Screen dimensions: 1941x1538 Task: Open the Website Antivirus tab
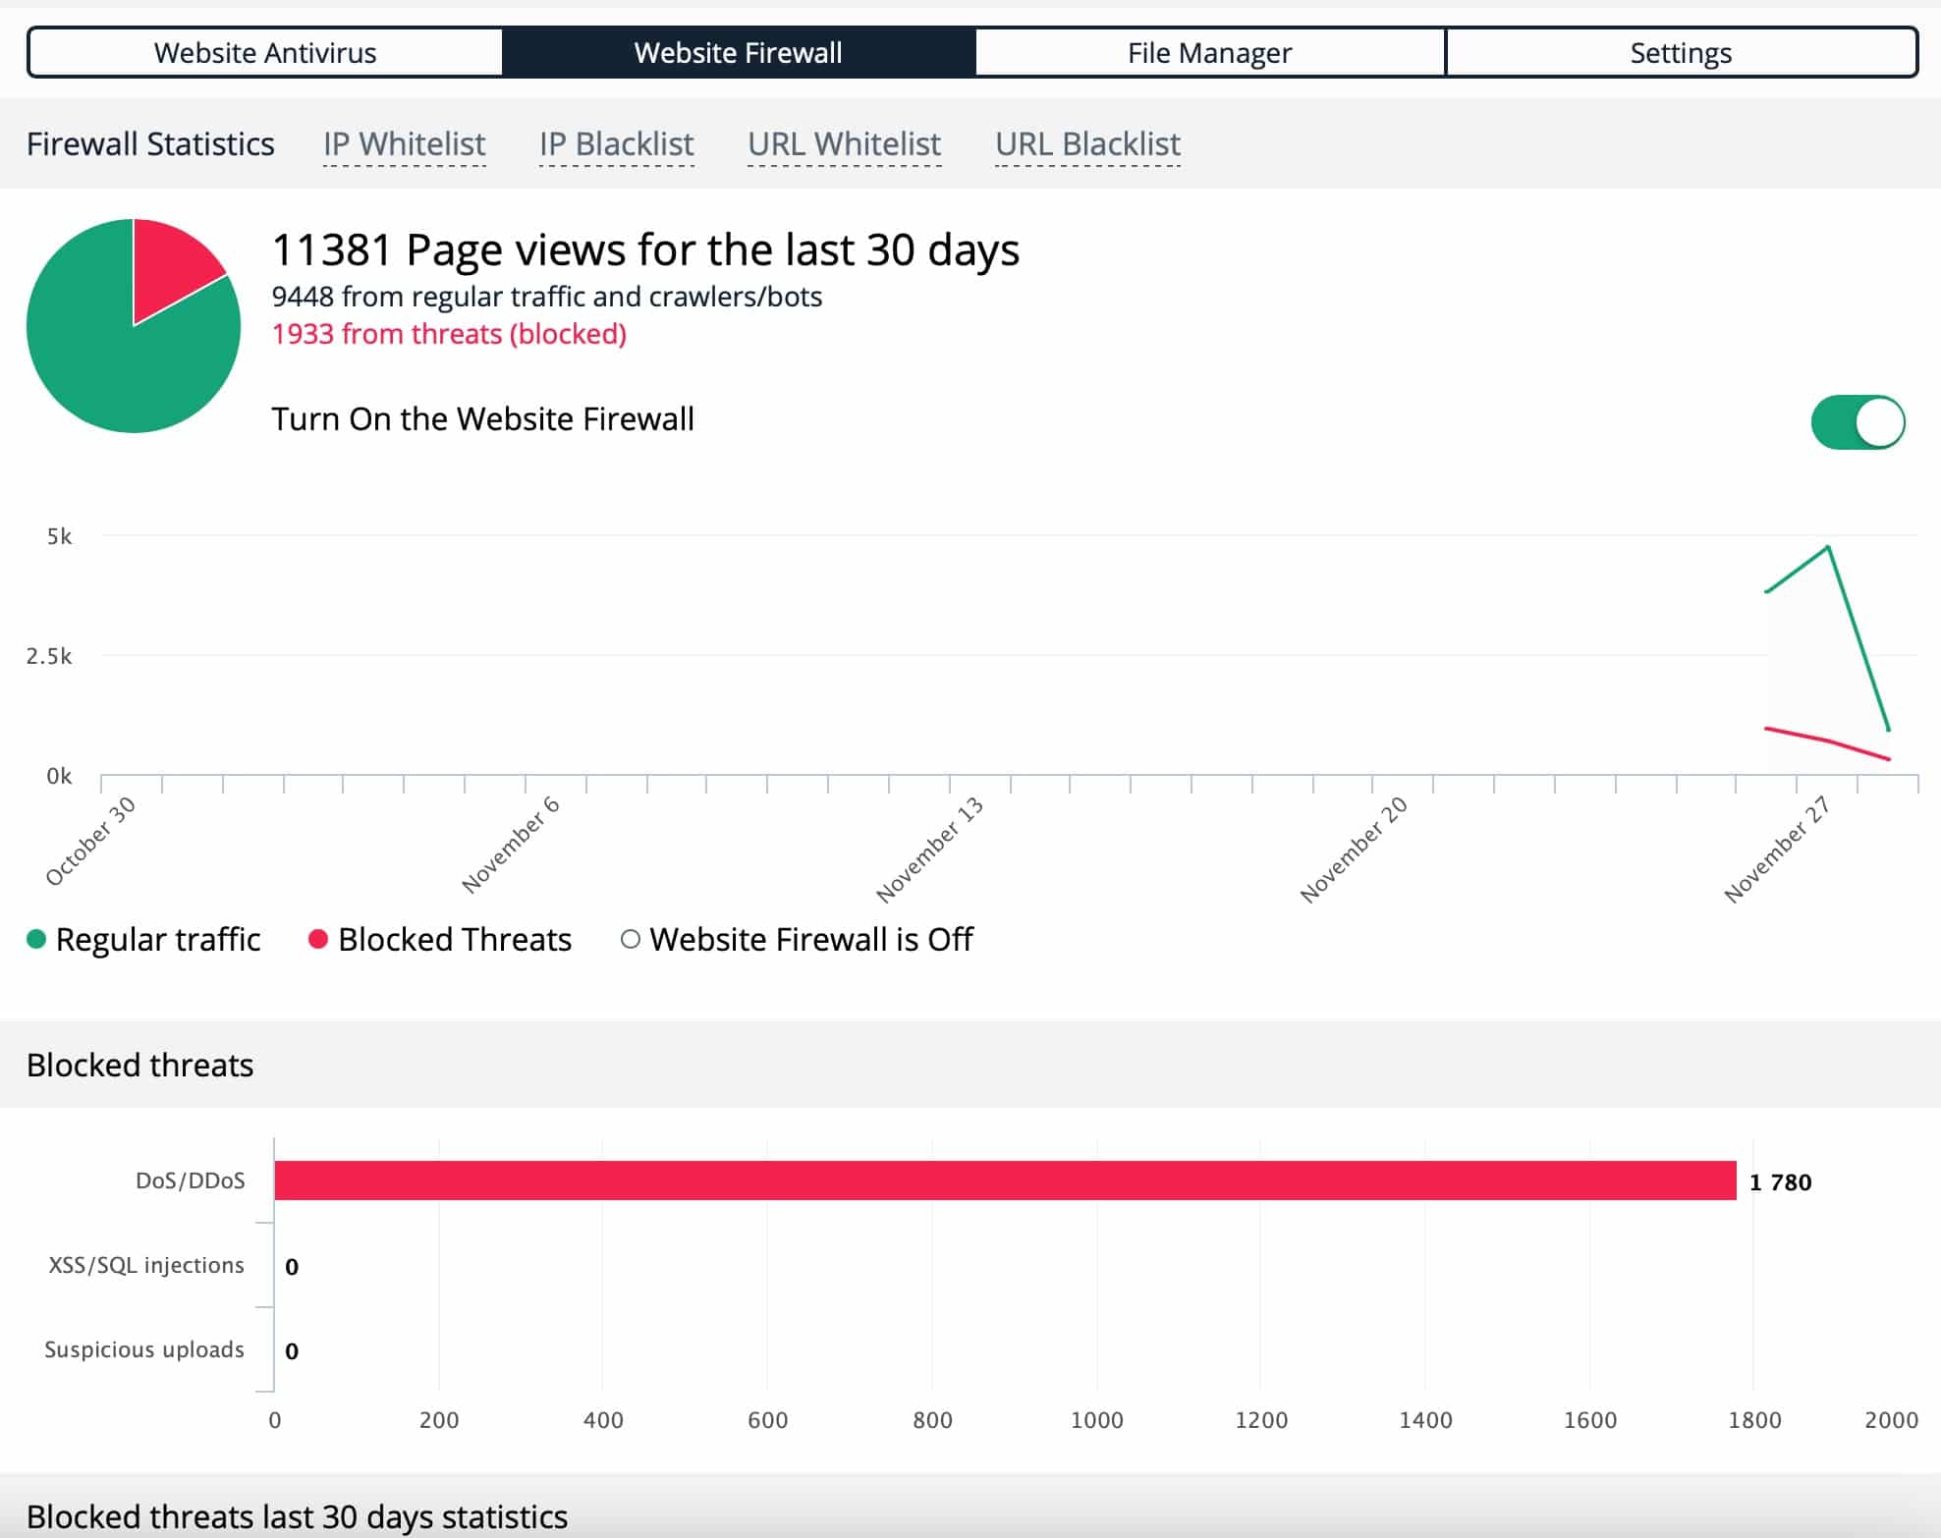point(265,52)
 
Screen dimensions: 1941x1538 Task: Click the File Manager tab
point(1209,52)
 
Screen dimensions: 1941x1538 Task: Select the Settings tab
point(1681,52)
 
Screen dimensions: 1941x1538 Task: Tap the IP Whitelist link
point(405,144)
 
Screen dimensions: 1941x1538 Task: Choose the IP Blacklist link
point(617,144)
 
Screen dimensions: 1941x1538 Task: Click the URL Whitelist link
point(845,144)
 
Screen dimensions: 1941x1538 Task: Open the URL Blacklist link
point(1087,144)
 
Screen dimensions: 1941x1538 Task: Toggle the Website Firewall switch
point(1858,422)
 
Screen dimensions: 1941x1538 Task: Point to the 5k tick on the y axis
point(59,536)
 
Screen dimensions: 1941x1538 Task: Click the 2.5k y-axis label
point(49,656)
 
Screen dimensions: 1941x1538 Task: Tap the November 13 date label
point(930,850)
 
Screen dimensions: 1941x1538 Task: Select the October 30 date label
point(91,842)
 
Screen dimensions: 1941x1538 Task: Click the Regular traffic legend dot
point(36,939)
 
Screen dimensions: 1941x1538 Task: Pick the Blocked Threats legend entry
point(440,939)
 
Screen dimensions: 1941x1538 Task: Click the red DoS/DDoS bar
point(1006,1181)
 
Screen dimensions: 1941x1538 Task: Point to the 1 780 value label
point(1780,1181)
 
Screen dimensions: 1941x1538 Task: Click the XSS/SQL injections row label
point(146,1265)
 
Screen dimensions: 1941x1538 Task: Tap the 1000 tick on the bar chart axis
point(1096,1420)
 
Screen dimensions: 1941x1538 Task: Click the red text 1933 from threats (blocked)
point(449,334)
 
